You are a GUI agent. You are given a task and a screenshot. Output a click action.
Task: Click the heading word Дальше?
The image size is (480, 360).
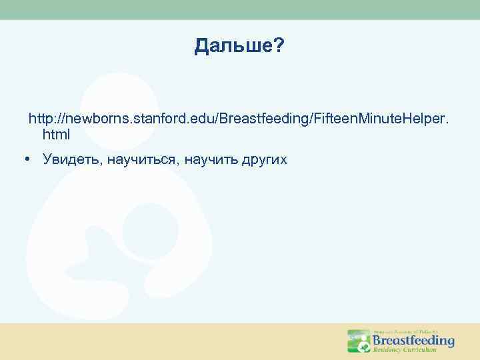point(239,46)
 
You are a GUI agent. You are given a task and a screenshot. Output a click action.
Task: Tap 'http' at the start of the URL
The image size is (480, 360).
point(41,119)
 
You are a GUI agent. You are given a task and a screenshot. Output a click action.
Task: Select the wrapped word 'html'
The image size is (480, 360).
point(56,135)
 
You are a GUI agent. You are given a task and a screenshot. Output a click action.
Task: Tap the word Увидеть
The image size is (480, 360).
point(70,160)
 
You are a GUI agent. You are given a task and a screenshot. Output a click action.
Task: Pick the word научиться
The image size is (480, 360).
point(141,160)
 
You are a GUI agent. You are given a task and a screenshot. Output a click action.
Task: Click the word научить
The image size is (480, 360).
point(209,160)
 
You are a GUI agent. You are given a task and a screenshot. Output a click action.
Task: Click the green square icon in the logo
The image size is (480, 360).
point(357,341)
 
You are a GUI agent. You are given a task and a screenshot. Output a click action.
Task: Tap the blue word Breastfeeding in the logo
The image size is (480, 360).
point(413,341)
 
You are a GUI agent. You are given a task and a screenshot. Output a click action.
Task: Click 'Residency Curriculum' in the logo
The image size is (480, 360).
point(405,350)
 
